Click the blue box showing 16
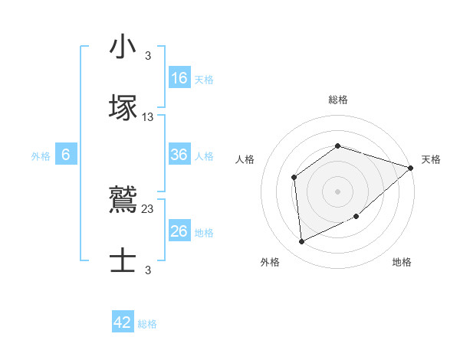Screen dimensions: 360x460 (179, 78)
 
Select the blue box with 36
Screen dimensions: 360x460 (179, 155)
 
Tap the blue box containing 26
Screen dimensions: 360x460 (179, 231)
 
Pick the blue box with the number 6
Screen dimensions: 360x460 (66, 155)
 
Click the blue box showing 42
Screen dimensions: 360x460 (123, 322)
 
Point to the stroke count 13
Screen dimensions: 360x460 (148, 116)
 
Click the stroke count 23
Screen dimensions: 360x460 (148, 208)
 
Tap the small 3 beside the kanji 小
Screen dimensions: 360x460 (148, 55)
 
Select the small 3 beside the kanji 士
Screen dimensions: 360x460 (148, 270)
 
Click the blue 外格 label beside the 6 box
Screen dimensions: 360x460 (41, 155)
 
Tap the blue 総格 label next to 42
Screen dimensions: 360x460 (147, 324)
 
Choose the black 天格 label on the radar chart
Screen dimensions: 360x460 (431, 159)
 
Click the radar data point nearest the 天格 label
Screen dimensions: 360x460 (410, 168)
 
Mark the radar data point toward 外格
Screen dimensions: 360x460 (302, 242)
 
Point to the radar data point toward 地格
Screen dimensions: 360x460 (357, 217)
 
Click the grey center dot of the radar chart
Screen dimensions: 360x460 (337, 191)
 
